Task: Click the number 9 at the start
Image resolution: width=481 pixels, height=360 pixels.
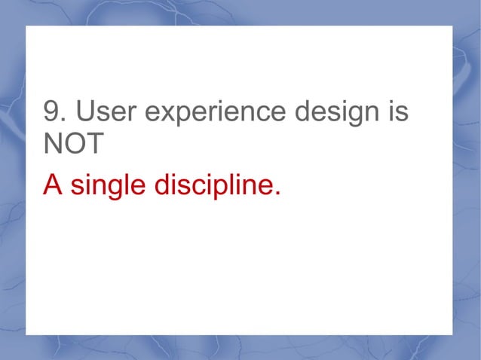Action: pos(51,112)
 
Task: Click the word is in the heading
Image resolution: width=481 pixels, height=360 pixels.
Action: pos(398,112)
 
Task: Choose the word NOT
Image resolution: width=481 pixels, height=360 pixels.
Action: pos(72,145)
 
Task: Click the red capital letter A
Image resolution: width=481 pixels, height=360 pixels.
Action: pos(52,184)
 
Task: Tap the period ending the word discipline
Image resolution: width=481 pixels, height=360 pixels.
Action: pos(276,193)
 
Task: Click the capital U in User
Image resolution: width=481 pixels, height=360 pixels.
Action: pos(83,112)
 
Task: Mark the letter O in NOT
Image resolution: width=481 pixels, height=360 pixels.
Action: pos(74,145)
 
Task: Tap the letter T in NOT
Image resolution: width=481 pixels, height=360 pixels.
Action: pos(92,145)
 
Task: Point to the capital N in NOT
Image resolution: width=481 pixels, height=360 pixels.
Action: pos(54,145)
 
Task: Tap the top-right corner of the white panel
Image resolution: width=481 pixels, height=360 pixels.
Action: pos(452,26)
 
